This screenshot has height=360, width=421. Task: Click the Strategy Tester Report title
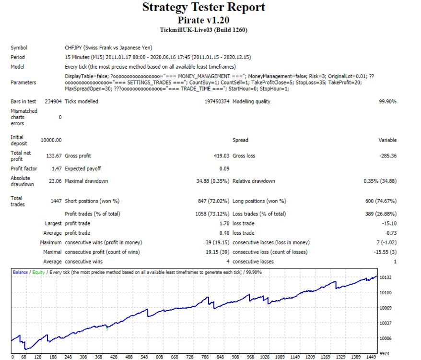point(203,7)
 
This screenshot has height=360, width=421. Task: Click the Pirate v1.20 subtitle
point(203,20)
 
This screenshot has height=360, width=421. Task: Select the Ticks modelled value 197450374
point(217,102)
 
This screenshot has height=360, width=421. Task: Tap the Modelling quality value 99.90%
point(387,102)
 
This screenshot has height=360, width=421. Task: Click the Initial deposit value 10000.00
point(51,140)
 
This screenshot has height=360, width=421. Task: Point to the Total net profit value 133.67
point(54,156)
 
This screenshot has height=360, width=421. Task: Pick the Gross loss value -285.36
point(388,156)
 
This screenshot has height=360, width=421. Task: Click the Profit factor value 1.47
point(57,168)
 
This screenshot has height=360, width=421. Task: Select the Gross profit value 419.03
point(222,156)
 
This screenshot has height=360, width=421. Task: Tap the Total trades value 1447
point(56,201)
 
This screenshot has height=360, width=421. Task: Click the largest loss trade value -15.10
point(389,223)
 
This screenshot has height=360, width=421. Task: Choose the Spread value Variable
point(387,140)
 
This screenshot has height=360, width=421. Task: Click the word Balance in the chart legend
point(21,272)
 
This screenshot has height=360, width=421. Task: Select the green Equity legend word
point(38,272)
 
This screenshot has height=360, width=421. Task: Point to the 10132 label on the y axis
point(386,277)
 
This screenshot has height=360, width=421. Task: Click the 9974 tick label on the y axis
point(384,354)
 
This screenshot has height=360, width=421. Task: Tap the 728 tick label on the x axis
point(190,357)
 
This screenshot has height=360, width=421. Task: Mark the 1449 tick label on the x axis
point(371,357)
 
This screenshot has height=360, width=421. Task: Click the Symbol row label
point(19,48)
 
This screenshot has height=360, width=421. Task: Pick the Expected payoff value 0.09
point(224,168)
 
